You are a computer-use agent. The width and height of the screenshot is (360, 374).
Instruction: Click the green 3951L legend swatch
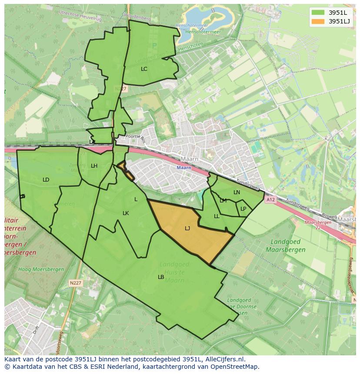tap(318, 13)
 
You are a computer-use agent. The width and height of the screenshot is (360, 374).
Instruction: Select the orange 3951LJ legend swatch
tap(318, 21)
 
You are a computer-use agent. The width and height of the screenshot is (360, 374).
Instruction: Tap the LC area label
tap(144, 69)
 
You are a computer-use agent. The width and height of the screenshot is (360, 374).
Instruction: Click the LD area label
tap(46, 180)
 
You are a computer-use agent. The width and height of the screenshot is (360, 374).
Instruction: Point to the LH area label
tap(94, 166)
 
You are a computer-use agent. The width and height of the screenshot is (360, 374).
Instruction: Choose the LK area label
tap(126, 213)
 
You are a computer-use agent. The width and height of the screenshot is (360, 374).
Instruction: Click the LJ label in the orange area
tap(187, 228)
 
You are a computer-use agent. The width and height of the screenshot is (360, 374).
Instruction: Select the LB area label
tap(161, 277)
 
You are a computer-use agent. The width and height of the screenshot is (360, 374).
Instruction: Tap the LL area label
tap(217, 216)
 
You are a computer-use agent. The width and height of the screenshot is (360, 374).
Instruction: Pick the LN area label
tap(237, 192)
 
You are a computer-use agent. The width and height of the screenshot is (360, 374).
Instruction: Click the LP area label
tap(243, 209)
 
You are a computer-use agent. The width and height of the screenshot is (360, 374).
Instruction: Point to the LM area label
tap(223, 201)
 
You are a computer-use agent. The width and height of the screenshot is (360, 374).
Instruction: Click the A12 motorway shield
tap(270, 200)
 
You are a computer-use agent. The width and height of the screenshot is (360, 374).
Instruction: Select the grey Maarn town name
tap(190, 159)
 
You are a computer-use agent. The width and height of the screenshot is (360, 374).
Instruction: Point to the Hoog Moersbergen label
tap(41, 269)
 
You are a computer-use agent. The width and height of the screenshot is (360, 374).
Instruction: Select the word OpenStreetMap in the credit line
tap(235, 367)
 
